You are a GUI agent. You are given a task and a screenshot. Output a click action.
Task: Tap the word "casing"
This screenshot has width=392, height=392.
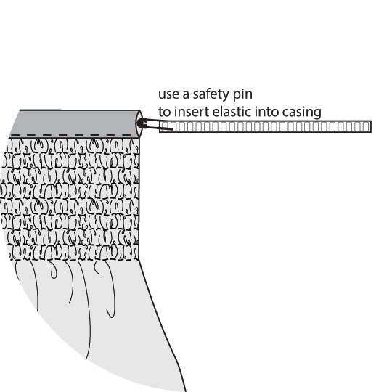(302, 113)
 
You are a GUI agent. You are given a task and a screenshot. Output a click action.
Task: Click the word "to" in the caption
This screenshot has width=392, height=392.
(164, 113)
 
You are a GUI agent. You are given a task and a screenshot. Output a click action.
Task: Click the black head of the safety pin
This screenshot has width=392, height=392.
(141, 123)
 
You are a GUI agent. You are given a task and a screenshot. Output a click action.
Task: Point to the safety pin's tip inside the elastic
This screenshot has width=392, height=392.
(172, 129)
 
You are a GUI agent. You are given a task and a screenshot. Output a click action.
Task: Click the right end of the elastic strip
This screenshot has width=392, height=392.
(371, 126)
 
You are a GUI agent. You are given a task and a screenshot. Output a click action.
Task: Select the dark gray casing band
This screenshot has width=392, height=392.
(75, 123)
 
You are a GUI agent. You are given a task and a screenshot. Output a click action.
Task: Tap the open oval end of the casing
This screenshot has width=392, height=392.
(139, 123)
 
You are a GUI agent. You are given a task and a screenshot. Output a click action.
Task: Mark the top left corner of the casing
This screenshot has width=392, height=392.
(20, 110)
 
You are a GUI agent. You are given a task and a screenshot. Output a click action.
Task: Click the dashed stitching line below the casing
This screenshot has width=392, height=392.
(70, 135)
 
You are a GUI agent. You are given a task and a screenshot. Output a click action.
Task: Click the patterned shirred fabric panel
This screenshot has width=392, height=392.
(70, 199)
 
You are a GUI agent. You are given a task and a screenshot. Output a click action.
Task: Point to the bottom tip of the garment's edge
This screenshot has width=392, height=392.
(186, 391)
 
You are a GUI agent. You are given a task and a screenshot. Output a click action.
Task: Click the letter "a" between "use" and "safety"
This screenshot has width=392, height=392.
(186, 95)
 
